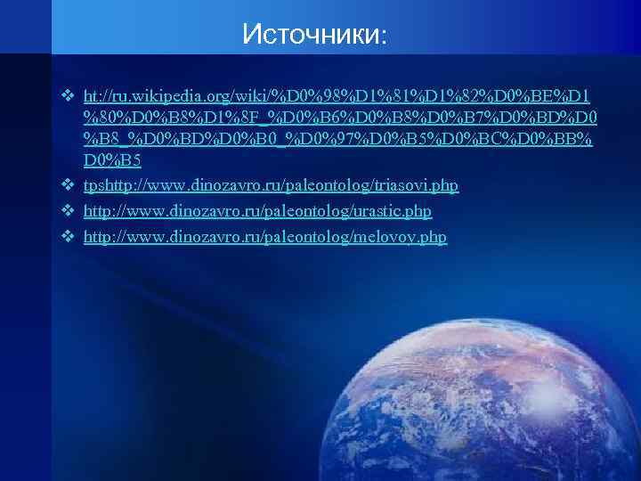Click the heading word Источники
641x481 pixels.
(310, 35)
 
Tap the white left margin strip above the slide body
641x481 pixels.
(25, 27)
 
